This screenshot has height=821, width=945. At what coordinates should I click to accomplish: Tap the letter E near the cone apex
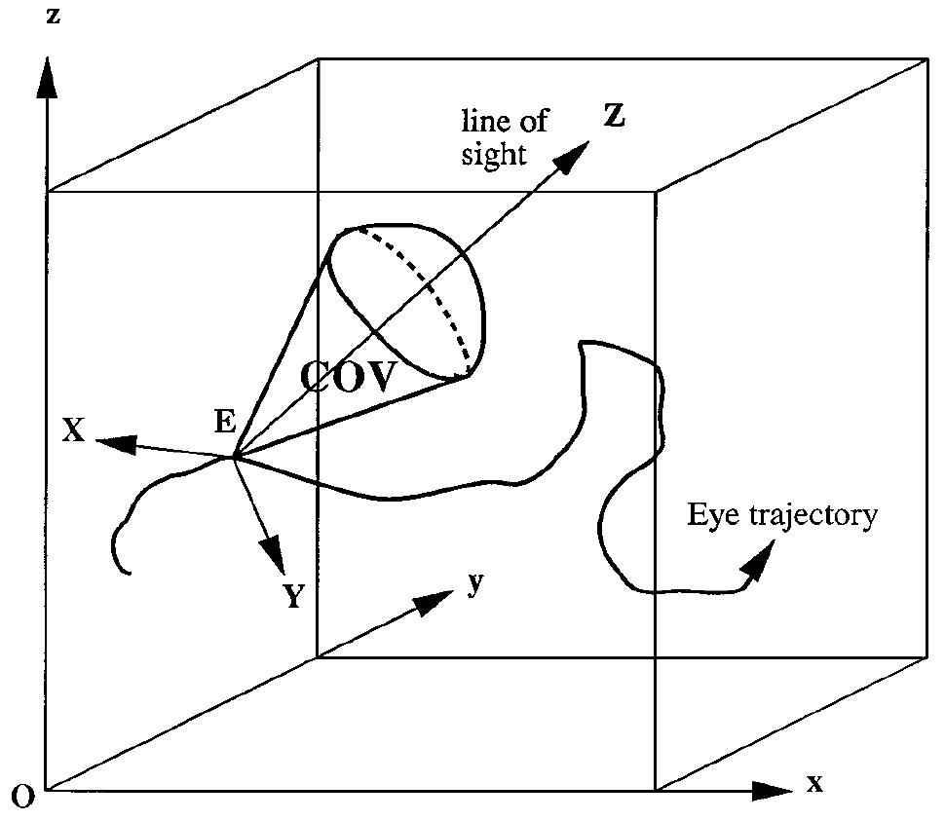pyautogui.click(x=225, y=422)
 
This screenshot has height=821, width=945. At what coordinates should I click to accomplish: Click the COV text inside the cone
pyautogui.click(x=349, y=377)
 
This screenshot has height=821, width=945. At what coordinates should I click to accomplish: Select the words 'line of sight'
pyautogui.click(x=505, y=137)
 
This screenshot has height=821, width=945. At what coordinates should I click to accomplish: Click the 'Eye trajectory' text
pyautogui.click(x=782, y=515)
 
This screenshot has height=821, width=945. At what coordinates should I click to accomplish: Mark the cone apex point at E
pyautogui.click(x=234, y=457)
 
